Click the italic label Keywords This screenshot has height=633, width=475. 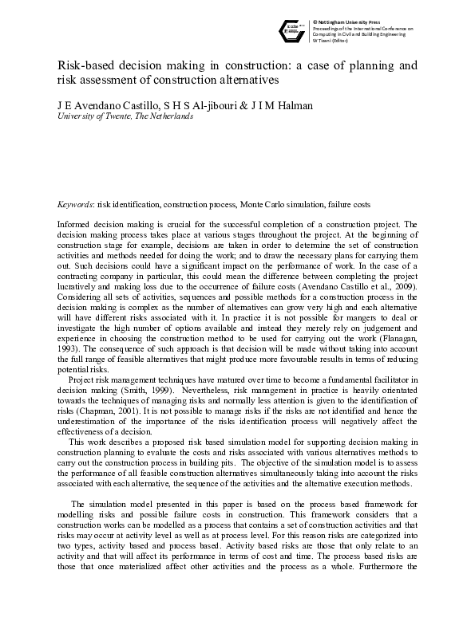(x=75, y=204)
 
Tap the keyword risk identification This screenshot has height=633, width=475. (x=133, y=204)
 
